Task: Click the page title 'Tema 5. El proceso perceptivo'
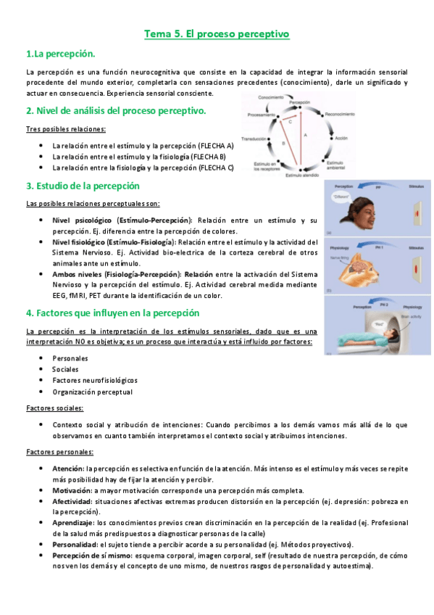click(217, 33)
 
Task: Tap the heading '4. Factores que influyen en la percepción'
click(112, 313)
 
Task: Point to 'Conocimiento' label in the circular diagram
click(270, 97)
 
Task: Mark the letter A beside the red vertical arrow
click(306, 136)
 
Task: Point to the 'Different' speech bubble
click(341, 197)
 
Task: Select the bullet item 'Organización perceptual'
click(92, 392)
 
